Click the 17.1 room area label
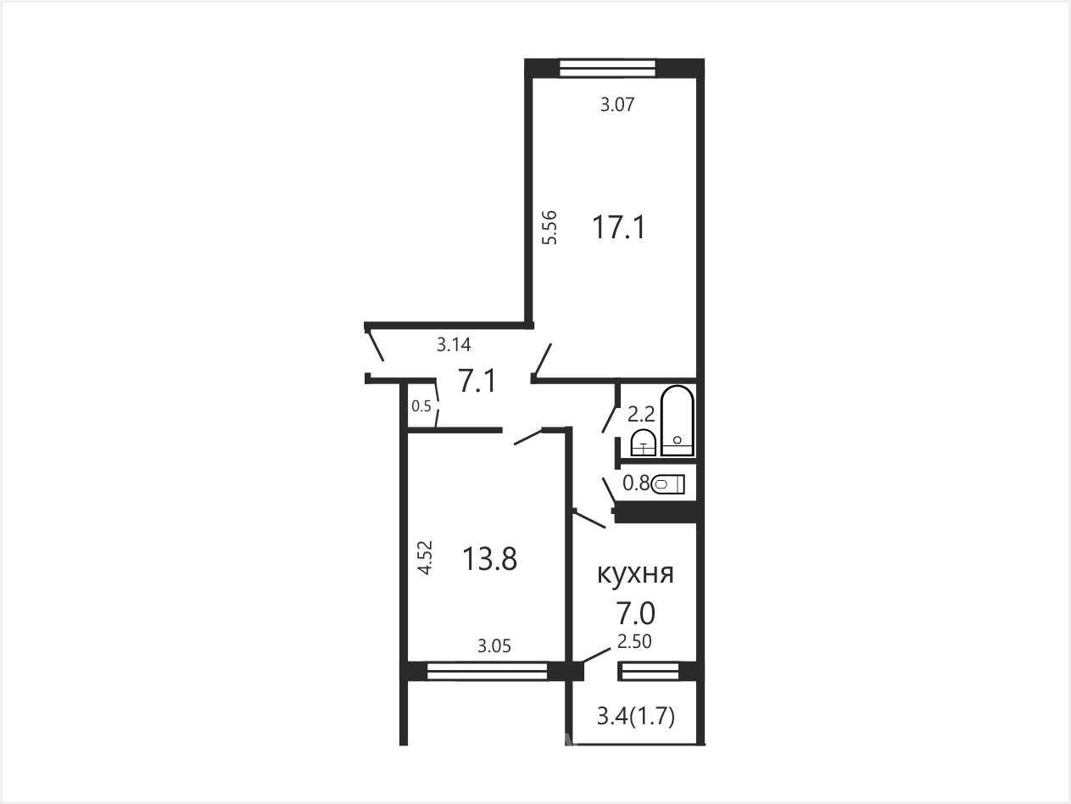[x=619, y=227]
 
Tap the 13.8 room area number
[x=489, y=559]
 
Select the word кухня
[x=635, y=574]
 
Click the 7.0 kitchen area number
[x=635, y=613]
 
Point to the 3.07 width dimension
[x=617, y=104]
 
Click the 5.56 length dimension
[x=549, y=227]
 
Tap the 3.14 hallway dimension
[x=454, y=344]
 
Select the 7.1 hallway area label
[x=477, y=381]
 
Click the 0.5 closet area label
[x=421, y=406]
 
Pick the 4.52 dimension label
[x=426, y=557]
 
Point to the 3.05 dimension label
[x=494, y=646]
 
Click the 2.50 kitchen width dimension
[x=634, y=641]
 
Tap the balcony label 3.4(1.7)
[x=636, y=717]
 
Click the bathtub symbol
[x=678, y=421]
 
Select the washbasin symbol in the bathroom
[x=644, y=443]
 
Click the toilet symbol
[x=668, y=484]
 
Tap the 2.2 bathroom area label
[x=640, y=415]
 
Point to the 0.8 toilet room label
[x=636, y=483]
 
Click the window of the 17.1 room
[x=607, y=68]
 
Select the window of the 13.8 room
[x=487, y=671]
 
